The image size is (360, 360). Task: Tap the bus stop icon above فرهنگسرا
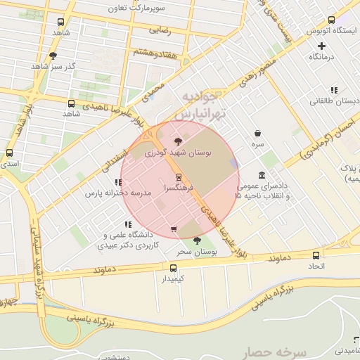coord(178,176)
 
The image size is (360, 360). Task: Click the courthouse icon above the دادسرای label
coord(262,174)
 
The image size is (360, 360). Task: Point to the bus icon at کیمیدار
coord(174,267)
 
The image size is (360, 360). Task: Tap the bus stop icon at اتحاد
coord(316,255)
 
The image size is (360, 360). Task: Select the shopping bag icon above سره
coord(258,133)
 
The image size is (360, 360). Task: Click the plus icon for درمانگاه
coord(321,46)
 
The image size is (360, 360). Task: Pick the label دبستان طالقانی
coord(335,101)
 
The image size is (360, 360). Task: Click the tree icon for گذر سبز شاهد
coord(53,56)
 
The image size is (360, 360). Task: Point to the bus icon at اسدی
coord(9,153)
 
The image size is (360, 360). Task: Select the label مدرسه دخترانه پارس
coord(118,192)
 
